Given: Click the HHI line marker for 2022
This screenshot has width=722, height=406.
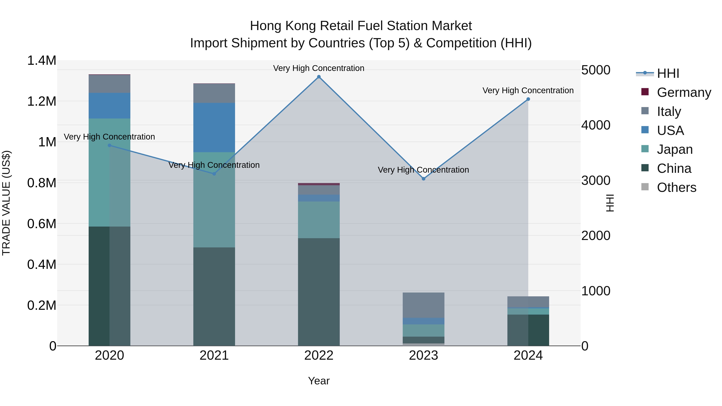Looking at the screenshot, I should tap(319, 77).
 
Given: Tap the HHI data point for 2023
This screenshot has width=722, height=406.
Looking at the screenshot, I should tap(424, 179).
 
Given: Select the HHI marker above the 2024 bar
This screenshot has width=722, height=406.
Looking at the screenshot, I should tap(528, 99).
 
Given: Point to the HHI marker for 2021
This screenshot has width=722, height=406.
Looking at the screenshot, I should tap(214, 174).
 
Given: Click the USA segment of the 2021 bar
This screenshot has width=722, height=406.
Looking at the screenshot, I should tap(214, 128).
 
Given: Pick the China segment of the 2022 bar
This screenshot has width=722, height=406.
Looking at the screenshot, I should tap(319, 291).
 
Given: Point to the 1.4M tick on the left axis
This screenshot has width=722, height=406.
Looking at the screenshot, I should tap(42, 61).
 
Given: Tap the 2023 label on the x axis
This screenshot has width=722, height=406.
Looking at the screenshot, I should tap(424, 355).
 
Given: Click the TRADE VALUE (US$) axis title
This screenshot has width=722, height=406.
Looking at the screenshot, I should tap(6, 203).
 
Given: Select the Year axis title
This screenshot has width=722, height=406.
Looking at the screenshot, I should tap(319, 381).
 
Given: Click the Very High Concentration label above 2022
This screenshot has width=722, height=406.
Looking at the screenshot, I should tap(319, 68).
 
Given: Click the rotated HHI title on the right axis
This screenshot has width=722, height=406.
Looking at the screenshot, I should tap(610, 203).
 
